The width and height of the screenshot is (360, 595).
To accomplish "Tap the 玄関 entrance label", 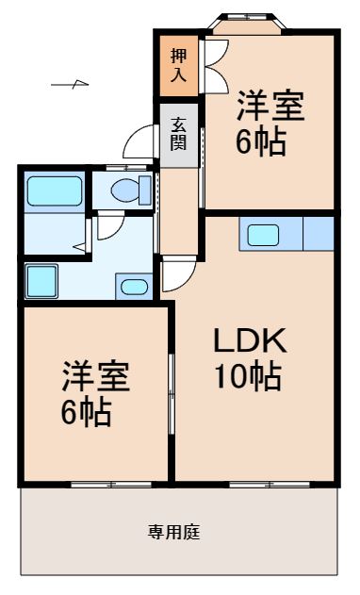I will pos(178,133).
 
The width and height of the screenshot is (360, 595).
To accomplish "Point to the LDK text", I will pos(249,340).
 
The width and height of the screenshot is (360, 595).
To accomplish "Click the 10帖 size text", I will pos(249,376).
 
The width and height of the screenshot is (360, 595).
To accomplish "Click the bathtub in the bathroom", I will pos(53,192).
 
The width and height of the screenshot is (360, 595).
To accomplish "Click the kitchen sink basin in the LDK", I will pos(265,233).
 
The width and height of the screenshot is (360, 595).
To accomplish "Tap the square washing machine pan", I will pos(42,280).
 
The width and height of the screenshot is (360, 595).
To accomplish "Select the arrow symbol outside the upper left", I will pos(70,86).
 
